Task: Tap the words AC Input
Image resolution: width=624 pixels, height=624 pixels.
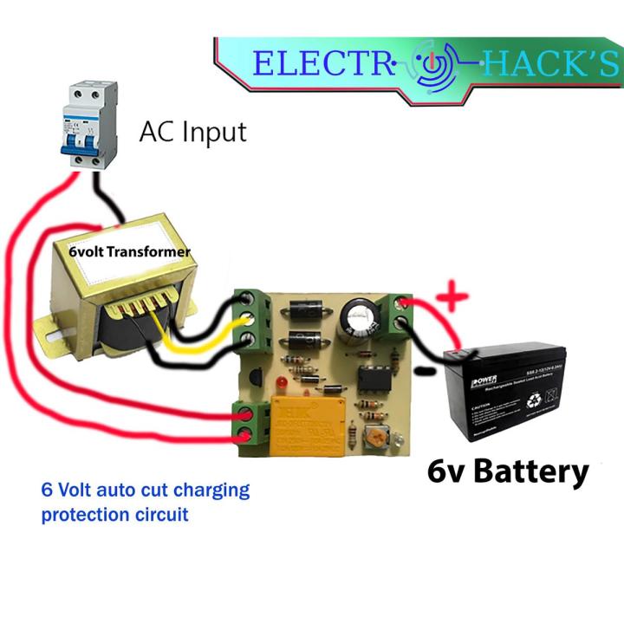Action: (192, 132)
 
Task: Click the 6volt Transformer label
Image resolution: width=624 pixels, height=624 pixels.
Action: (130, 251)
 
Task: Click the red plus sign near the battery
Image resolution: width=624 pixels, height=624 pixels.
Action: (450, 298)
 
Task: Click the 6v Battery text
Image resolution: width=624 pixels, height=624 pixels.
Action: (508, 472)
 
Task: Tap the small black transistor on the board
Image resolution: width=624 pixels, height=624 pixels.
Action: (256, 374)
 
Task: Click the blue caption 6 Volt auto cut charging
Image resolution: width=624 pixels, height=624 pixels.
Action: (146, 490)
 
